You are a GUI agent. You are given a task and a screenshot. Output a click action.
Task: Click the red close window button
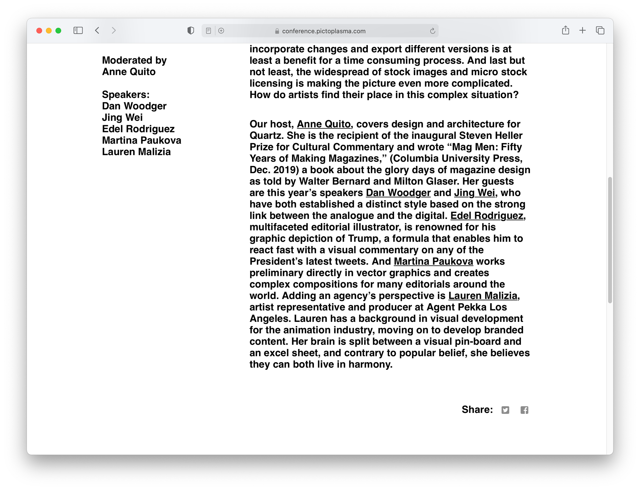click(39, 31)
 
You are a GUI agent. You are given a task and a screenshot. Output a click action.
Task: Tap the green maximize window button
click(58, 31)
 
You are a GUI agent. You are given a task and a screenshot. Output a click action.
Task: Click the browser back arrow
click(97, 30)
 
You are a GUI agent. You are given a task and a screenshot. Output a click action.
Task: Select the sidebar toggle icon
click(78, 30)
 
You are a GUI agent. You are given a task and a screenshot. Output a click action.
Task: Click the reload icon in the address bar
click(432, 31)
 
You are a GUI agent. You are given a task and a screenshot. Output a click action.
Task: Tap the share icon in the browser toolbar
click(565, 30)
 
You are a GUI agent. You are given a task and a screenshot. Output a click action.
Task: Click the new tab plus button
click(582, 30)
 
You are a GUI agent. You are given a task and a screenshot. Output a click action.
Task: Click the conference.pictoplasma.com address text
click(323, 31)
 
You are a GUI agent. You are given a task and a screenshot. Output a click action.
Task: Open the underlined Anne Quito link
click(323, 124)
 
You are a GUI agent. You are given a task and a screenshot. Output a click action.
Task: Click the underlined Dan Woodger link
click(398, 193)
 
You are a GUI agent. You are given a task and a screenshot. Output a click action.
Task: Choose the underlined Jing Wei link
click(474, 193)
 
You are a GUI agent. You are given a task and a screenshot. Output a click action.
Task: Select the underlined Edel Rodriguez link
click(487, 216)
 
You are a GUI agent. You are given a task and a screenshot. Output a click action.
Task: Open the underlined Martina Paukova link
click(433, 261)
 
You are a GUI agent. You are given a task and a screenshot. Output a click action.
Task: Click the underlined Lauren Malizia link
click(483, 296)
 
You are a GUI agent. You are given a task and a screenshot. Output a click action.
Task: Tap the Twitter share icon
click(505, 410)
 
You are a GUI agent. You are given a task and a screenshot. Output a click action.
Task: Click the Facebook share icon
click(524, 410)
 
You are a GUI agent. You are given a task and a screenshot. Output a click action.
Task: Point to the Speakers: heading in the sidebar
click(126, 95)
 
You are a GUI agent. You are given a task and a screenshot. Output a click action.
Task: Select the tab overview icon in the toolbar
click(600, 30)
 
